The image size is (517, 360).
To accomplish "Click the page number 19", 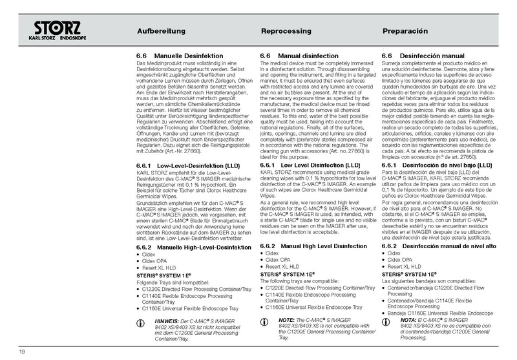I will [22, 351].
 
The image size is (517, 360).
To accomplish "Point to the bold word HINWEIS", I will [166, 320].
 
